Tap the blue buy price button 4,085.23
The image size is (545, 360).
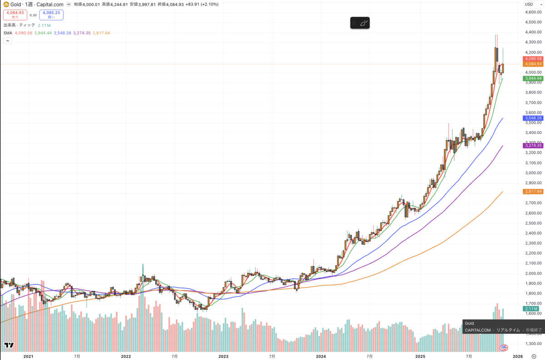(x=51, y=15)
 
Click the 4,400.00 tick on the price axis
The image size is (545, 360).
(x=532, y=32)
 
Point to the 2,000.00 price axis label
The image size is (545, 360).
(x=532, y=273)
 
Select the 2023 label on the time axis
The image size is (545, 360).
(x=223, y=357)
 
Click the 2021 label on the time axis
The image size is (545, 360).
(x=28, y=357)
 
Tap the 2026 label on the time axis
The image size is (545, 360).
(x=518, y=357)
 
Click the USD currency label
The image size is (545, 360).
(x=529, y=4)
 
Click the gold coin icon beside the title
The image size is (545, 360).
(x=6, y=4)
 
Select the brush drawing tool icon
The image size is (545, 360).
(x=364, y=23)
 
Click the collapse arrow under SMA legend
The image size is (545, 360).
(x=8, y=40)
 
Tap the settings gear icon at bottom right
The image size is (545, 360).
(x=534, y=357)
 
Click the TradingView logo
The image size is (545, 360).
(x=8, y=346)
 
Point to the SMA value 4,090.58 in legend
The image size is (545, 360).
(x=24, y=33)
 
